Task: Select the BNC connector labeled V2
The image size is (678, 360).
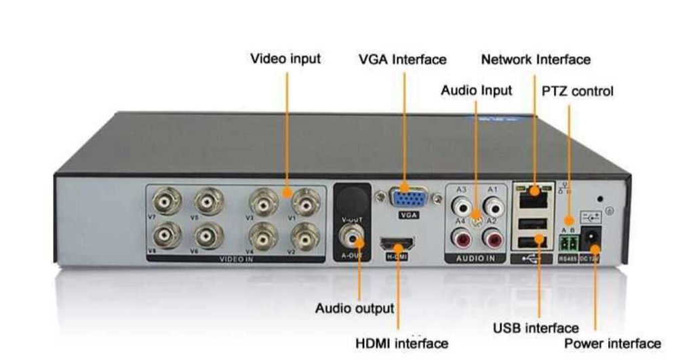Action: pyautogui.click(x=304, y=237)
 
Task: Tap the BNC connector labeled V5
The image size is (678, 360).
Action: pyautogui.click(x=208, y=201)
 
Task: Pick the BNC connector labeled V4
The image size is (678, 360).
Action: pyautogui.click(x=261, y=237)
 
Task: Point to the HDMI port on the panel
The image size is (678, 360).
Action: pyautogui.click(x=398, y=242)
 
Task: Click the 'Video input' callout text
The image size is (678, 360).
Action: pyautogui.click(x=285, y=58)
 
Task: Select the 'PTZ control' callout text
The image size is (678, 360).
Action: pyautogui.click(x=578, y=90)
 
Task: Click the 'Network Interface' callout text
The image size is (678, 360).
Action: pyautogui.click(x=536, y=59)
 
